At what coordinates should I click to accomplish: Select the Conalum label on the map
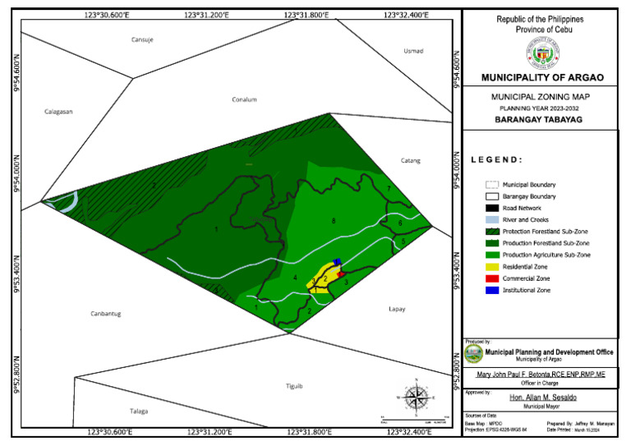point(245,100)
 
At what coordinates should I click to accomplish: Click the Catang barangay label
point(410,160)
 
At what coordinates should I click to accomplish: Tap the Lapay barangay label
point(397,309)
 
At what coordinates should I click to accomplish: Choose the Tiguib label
point(294,386)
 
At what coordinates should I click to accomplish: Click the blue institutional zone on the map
point(337,262)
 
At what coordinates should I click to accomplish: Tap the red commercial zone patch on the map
point(340,274)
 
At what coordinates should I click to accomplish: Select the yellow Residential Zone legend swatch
point(492,267)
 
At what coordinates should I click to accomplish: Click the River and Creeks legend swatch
point(492,220)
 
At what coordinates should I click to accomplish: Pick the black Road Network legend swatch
point(492,209)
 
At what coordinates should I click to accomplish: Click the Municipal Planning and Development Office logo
point(472,354)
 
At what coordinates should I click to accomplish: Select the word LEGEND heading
point(497,160)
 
